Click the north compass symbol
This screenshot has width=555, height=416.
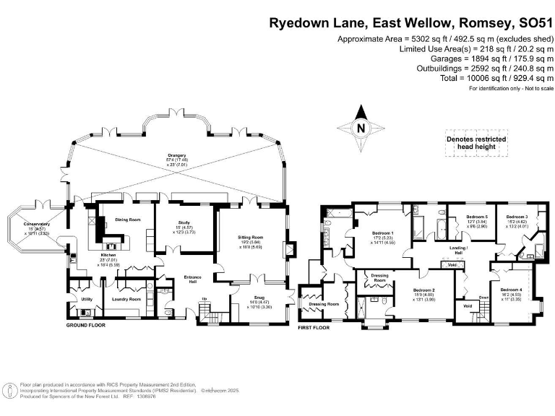point(359,128)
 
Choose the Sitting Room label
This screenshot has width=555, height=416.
point(251,237)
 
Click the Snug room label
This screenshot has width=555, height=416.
point(249,302)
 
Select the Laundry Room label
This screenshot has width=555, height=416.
point(126,298)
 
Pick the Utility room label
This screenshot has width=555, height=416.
point(86,298)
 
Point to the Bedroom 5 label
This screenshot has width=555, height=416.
point(476,217)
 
